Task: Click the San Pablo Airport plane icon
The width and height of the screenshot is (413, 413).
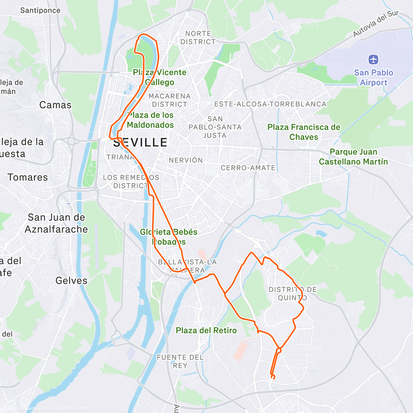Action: pyautogui.click(x=373, y=60)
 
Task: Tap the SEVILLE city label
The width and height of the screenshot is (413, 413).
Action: pyautogui.click(x=140, y=142)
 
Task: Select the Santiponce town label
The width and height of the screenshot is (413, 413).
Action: pyautogui.click(x=40, y=10)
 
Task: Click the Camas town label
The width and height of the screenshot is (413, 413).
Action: pyautogui.click(x=55, y=105)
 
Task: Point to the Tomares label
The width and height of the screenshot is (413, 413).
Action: pyautogui.click(x=28, y=177)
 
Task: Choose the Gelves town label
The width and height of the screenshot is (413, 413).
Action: pyautogui.click(x=72, y=280)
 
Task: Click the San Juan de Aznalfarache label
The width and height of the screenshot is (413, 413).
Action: pyautogui.click(x=56, y=223)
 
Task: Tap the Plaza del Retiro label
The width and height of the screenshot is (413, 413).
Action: pyautogui.click(x=206, y=330)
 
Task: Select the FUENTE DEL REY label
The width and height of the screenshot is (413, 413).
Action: pyautogui.click(x=180, y=361)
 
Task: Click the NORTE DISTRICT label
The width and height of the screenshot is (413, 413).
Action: pyautogui.click(x=198, y=38)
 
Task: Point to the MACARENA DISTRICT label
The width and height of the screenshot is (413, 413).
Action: pyautogui.click(x=170, y=100)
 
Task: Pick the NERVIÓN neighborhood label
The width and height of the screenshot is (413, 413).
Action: pyautogui.click(x=186, y=160)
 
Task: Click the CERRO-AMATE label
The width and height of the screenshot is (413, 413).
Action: pyautogui.click(x=248, y=168)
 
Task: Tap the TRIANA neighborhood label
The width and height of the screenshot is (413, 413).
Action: pyautogui.click(x=120, y=157)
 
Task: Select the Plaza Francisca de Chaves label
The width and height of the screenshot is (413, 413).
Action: pyautogui.click(x=304, y=132)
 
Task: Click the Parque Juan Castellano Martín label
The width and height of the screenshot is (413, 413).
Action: pyautogui.click(x=353, y=157)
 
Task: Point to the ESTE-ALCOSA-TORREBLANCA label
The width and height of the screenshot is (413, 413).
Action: pyautogui.click(x=270, y=104)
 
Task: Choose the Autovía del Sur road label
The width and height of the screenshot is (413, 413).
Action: pyautogui.click(x=376, y=23)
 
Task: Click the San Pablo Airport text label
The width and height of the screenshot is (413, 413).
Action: pyautogui.click(x=373, y=77)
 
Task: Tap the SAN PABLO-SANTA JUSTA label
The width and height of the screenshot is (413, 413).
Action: pyautogui.click(x=215, y=127)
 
